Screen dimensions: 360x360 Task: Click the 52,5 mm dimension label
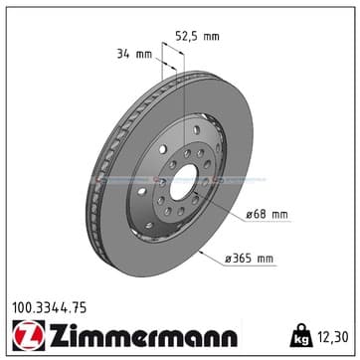197,36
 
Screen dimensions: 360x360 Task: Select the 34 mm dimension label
134,54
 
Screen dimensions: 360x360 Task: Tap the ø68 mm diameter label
267,215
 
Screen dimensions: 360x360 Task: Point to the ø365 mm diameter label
250,259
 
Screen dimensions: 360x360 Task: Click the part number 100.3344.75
50,308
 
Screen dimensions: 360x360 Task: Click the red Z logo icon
29,335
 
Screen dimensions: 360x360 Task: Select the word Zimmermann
143,335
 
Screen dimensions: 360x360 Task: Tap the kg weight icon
301,336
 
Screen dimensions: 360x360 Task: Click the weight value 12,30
333,337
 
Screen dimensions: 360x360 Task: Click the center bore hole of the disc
183,182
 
